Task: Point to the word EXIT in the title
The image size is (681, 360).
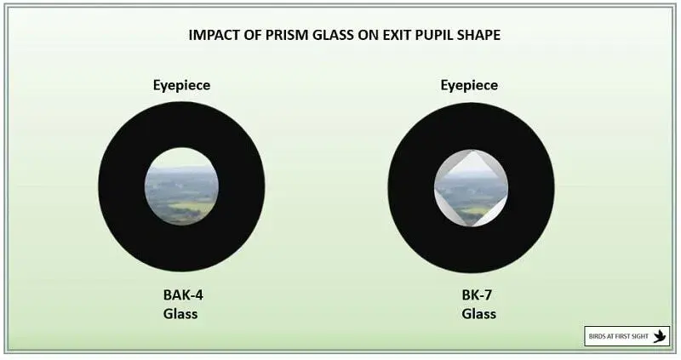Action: pos(397,35)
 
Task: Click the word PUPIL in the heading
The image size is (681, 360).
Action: pos(434,35)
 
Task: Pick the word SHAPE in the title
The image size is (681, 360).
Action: pos(479,35)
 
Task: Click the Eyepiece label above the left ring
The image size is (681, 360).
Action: pos(181,86)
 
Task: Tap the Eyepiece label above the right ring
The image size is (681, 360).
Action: pos(470,86)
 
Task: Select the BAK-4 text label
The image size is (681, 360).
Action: pos(183,294)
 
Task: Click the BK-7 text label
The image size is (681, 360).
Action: pos(477,294)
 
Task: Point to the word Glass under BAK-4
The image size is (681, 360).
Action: pos(180,313)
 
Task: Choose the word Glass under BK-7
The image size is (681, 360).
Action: pos(479,313)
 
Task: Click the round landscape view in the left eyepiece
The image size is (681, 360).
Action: pos(181,186)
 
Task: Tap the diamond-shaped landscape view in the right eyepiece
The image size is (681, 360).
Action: pos(472,188)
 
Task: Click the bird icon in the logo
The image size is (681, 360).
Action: pos(660,336)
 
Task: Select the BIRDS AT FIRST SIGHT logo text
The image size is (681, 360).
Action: pos(619,336)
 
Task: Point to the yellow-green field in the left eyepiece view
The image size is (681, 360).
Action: pos(197,206)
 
